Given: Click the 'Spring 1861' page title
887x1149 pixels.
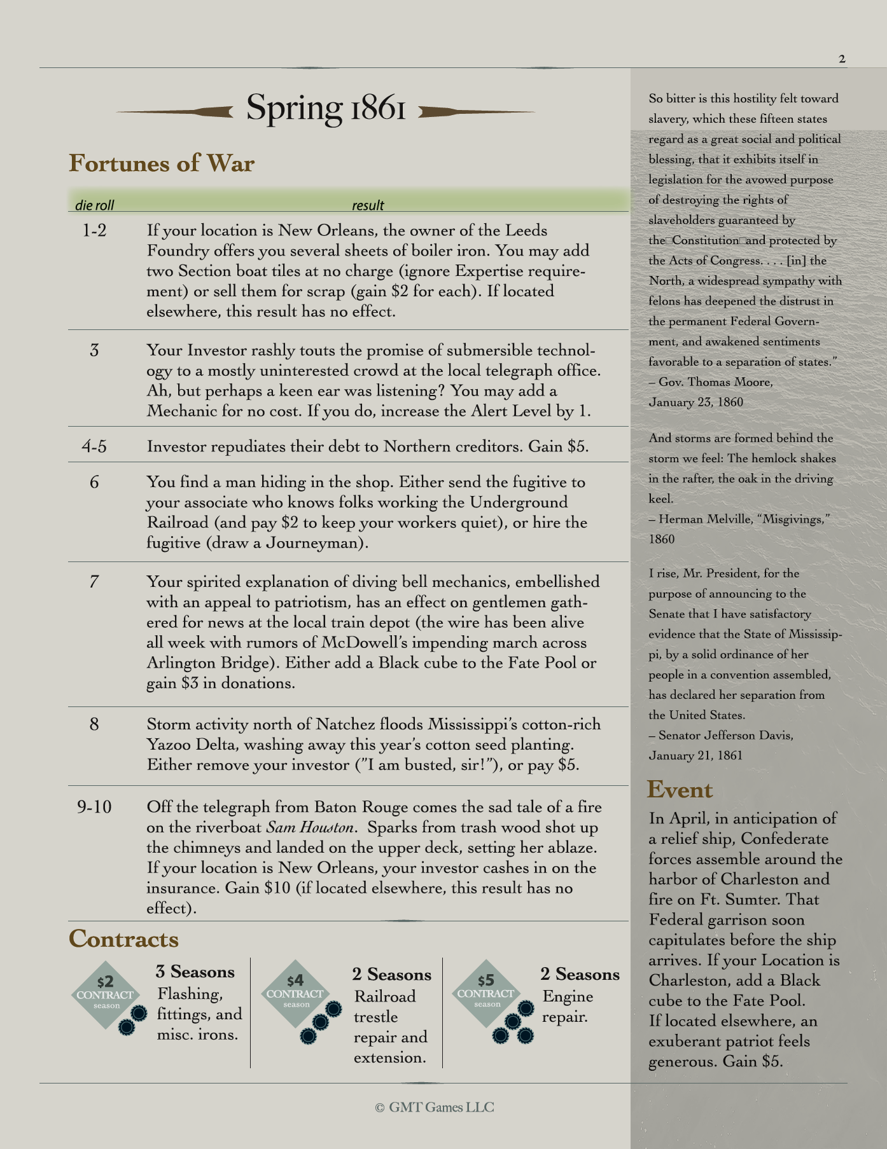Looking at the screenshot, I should point(326,108).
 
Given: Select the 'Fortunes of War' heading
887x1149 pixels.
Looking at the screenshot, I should point(162,163).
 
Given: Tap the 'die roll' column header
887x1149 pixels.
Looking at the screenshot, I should point(94,205).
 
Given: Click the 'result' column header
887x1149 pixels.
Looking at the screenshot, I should point(368,205).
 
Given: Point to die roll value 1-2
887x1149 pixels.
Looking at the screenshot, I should point(94,230).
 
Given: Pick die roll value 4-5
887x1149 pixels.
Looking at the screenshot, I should point(94,446).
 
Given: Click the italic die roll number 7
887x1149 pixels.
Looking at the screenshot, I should point(94,581).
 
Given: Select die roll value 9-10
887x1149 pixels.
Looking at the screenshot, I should point(94,807).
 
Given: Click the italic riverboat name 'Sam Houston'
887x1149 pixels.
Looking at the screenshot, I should point(309,827).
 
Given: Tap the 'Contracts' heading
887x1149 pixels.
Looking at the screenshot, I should point(123,939).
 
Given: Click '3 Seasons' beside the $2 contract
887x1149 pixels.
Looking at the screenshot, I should point(195,972).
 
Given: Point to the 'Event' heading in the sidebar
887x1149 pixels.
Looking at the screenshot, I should point(680,789).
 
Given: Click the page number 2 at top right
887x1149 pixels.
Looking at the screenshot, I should point(842,59).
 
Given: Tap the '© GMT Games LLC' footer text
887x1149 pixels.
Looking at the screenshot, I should point(435,1107).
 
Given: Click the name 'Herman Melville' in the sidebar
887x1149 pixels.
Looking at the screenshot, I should point(701,519).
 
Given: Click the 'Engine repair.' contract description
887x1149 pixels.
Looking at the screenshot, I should point(568,1007).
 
